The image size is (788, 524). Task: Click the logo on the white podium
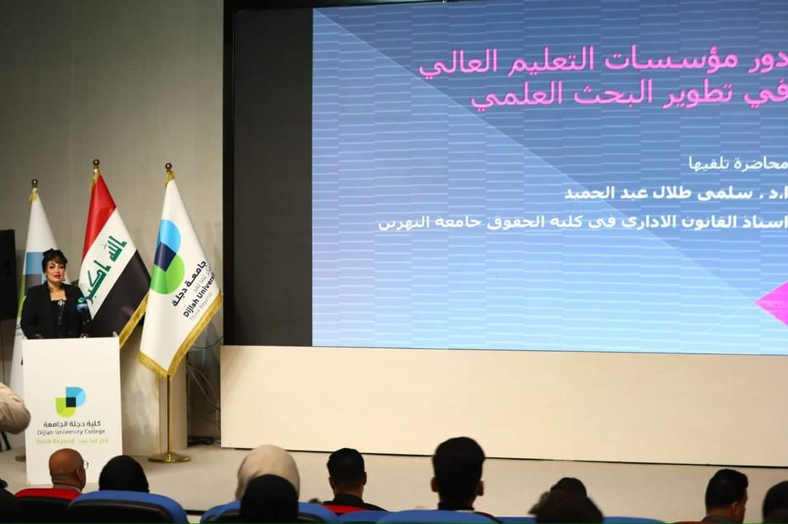(70, 401)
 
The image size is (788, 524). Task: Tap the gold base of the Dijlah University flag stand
(169, 457)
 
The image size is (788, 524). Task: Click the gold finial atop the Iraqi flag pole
(96, 166)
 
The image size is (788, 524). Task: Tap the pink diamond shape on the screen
(773, 303)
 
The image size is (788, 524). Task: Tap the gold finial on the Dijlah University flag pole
(169, 170)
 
